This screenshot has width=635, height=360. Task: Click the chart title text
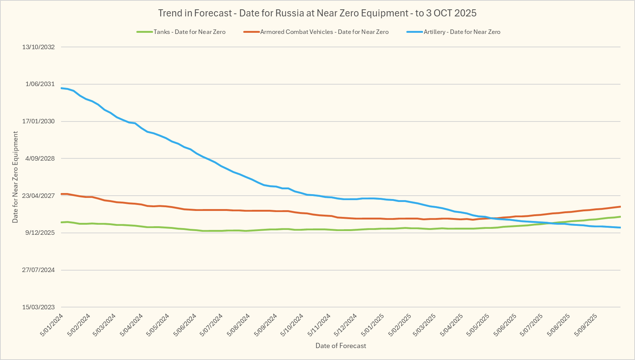click(317, 13)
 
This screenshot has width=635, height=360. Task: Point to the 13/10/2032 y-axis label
click(38, 47)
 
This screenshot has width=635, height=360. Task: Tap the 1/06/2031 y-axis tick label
click(40, 84)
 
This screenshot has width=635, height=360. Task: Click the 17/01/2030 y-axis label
click(38, 121)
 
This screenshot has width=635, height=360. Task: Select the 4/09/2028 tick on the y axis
click(40, 158)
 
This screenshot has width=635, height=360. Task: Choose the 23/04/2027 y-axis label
click(38, 196)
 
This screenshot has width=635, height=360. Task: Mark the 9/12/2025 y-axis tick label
click(40, 233)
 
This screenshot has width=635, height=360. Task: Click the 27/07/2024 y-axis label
click(38, 270)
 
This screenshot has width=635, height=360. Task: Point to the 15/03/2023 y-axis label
click(38, 307)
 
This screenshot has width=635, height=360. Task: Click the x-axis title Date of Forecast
click(340, 346)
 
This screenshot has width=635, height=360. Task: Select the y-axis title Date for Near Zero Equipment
click(15, 177)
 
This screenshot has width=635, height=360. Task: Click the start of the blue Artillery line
click(61, 88)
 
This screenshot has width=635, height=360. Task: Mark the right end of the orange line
click(620, 206)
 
